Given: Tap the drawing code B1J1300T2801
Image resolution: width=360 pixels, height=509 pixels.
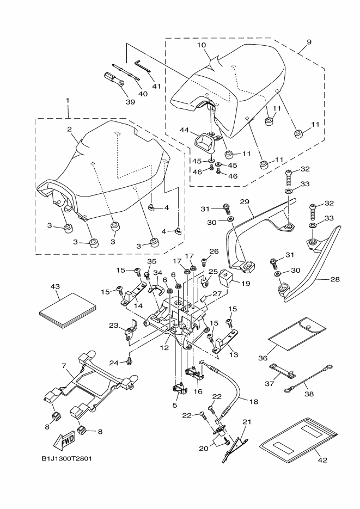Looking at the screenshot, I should pos(67,458).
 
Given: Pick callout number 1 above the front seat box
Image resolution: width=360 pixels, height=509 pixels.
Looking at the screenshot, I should pos(68,102).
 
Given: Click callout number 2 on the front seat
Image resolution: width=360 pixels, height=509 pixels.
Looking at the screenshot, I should pos(70,130).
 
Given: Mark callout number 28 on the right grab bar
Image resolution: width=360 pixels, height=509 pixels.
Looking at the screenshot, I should pos(334,279).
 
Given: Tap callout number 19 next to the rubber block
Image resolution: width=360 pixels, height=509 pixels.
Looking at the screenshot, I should pos(246,283).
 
